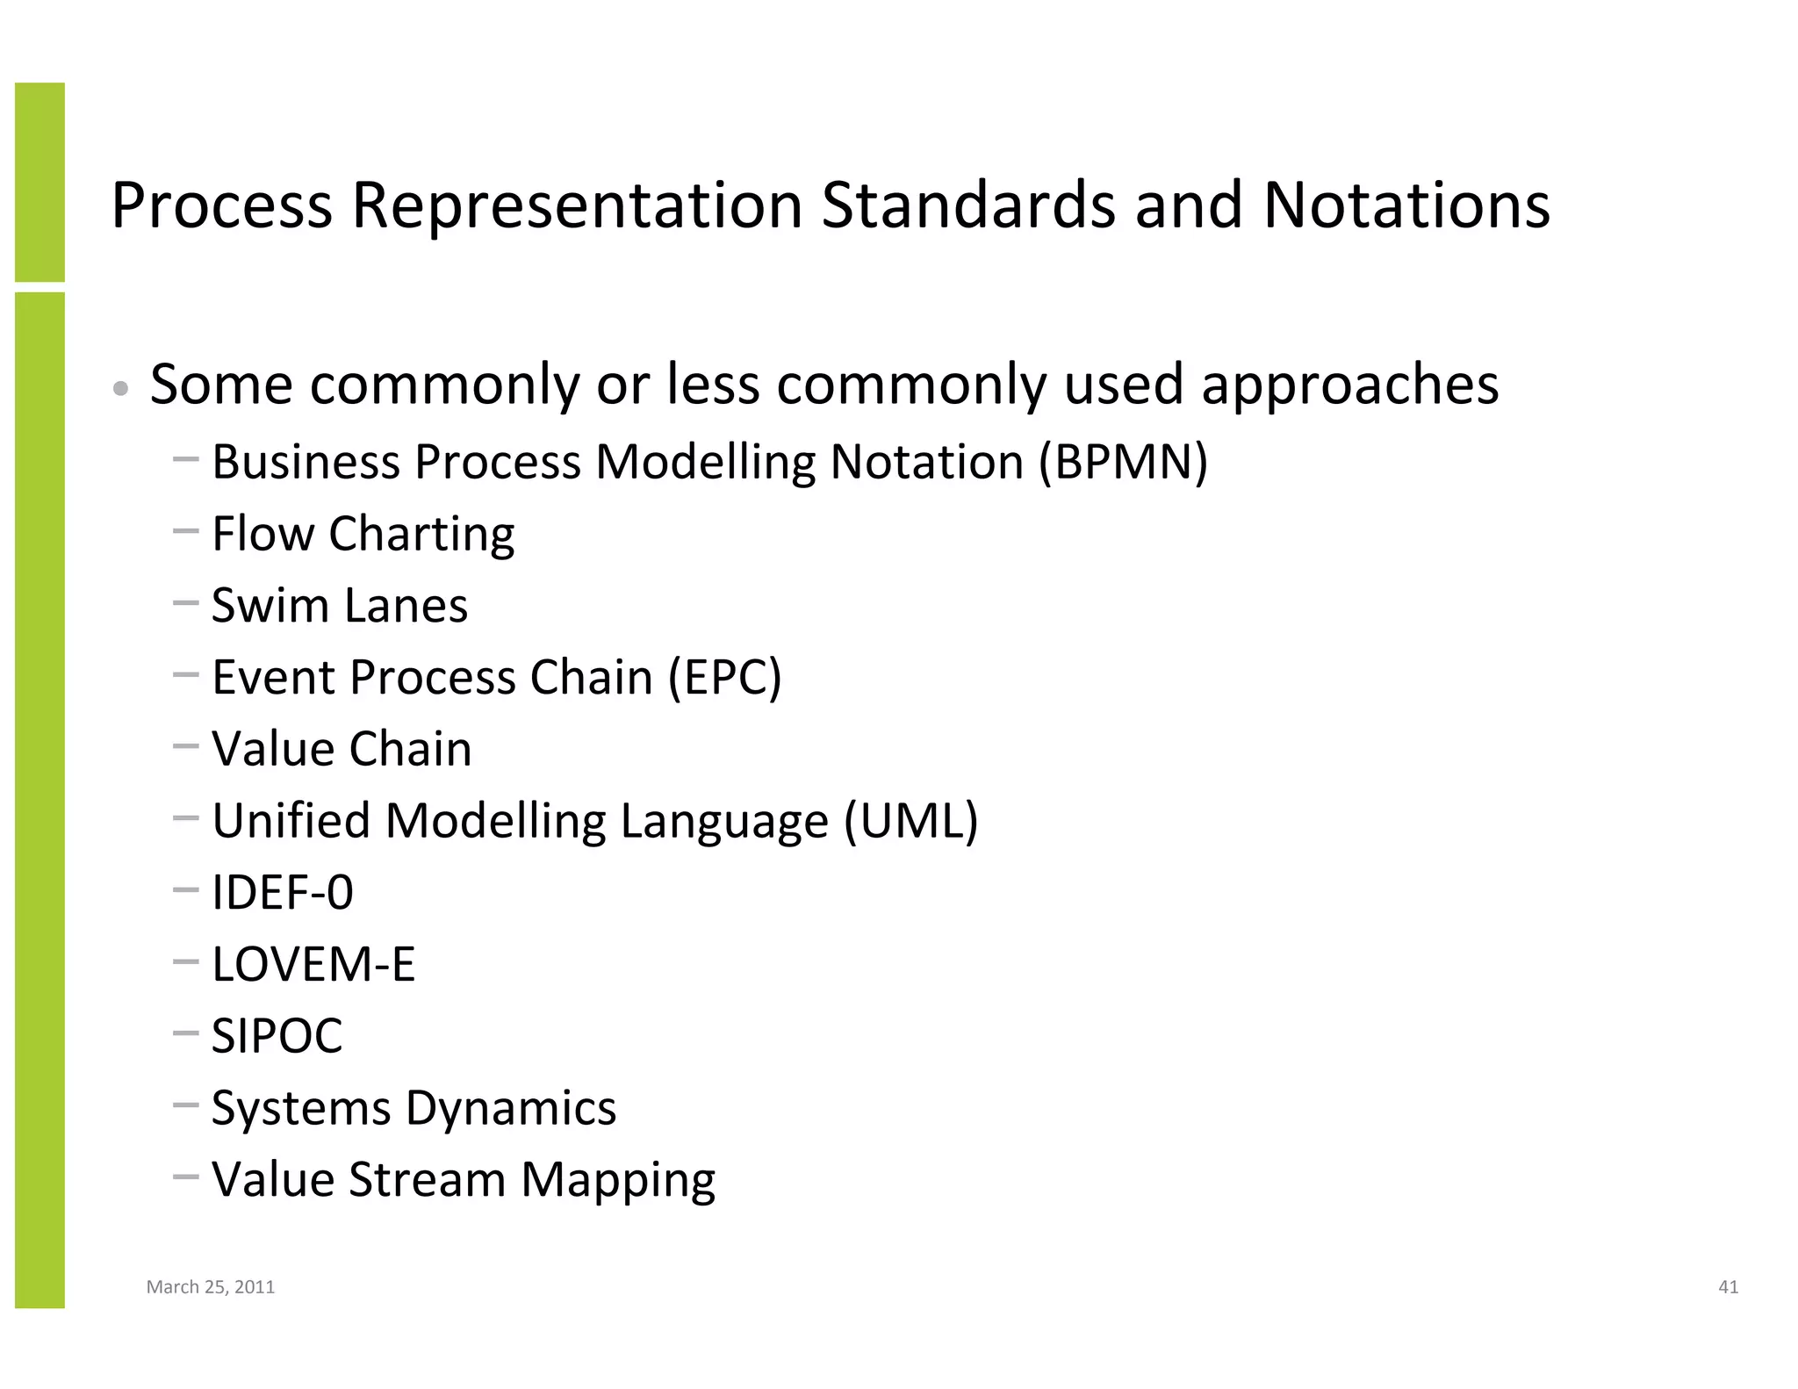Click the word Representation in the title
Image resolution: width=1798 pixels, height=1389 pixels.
coord(577,206)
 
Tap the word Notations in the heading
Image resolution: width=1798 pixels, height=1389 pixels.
coord(1406,206)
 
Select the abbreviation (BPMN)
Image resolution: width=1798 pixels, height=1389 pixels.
coord(1123,462)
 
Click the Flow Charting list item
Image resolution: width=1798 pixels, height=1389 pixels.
coord(363,534)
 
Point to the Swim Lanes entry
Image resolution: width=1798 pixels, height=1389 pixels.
coord(340,606)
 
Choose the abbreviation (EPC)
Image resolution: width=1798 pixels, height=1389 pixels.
coord(724,678)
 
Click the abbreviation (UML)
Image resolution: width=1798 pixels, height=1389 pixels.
coord(910,821)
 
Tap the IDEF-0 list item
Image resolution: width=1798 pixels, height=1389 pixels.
coord(283,893)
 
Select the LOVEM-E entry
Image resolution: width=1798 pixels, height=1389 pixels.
coord(313,964)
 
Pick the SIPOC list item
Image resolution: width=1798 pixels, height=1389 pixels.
coord(277,1036)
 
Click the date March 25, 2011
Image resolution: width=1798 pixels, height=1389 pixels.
coord(211,1287)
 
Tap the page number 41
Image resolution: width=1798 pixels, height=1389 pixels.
coord(1728,1287)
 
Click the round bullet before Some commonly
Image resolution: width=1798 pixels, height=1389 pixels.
coord(122,388)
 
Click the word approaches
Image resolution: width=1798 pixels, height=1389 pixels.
coord(1349,385)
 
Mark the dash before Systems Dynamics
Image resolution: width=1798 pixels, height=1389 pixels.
coord(186,1105)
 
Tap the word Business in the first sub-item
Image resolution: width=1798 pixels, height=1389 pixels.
coord(306,462)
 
